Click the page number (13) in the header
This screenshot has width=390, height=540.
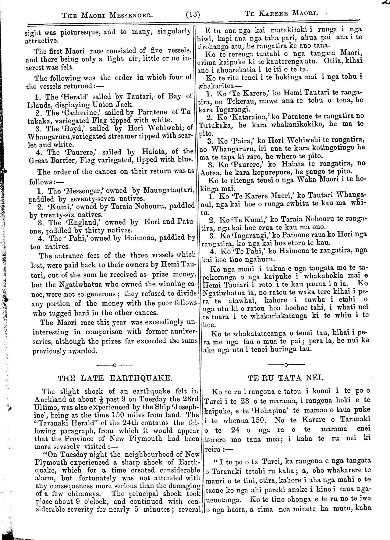pyautogui.click(x=192, y=14)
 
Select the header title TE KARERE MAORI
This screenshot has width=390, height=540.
pyautogui.click(x=281, y=14)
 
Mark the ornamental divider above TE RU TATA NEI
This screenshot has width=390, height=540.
pyautogui.click(x=286, y=364)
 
